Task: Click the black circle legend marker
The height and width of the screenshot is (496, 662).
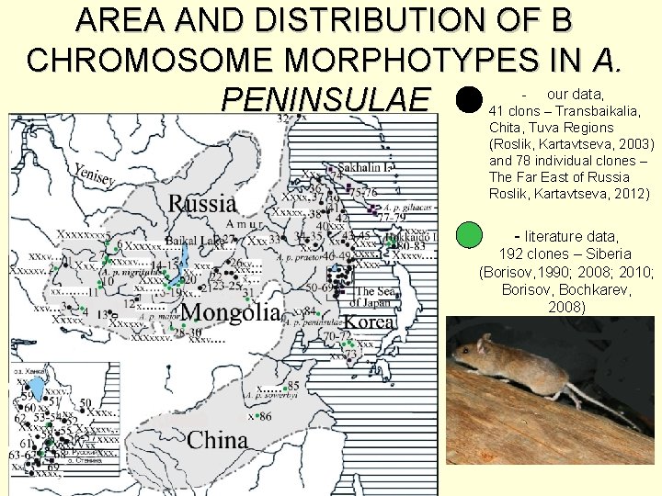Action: point(469,99)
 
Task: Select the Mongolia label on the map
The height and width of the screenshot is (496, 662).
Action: point(231,313)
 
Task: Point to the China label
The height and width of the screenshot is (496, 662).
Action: point(218,440)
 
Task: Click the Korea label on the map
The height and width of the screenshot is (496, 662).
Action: point(371,322)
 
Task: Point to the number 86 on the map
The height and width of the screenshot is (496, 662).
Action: point(267,416)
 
